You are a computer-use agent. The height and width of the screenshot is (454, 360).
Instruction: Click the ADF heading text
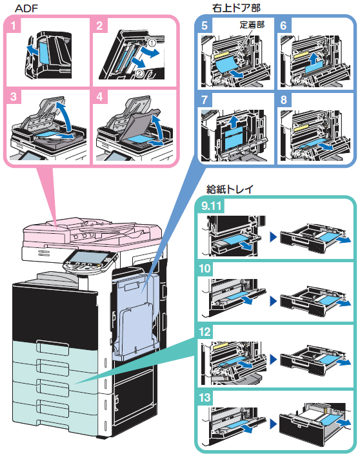tap(26, 8)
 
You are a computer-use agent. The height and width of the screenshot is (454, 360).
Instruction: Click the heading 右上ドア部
tap(236, 8)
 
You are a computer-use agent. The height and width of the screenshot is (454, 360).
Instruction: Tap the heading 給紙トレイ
tap(230, 189)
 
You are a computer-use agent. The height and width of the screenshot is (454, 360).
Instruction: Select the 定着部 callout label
tap(252, 25)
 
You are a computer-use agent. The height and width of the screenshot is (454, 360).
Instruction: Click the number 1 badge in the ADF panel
tap(13, 26)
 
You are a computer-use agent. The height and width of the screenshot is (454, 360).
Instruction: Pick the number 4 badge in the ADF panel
tap(99, 96)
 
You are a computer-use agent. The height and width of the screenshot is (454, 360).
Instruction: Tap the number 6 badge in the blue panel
tap(284, 25)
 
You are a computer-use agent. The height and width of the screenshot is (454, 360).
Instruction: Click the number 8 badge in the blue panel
tap(284, 99)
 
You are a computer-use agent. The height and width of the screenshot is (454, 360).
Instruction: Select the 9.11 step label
tap(212, 206)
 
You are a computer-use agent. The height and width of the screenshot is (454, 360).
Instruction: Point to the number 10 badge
tap(205, 268)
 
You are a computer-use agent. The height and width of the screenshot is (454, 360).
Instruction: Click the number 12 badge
tap(205, 331)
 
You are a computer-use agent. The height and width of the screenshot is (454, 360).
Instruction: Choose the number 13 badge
tap(205, 397)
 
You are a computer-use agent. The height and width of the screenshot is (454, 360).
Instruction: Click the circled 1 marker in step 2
tap(152, 43)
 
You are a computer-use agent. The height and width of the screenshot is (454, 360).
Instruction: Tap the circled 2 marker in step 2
tap(139, 73)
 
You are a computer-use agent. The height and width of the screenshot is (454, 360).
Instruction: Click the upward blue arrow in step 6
tap(313, 59)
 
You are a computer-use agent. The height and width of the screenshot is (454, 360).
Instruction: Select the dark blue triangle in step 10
tap(274, 301)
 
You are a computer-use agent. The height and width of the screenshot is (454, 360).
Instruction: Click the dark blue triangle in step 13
tap(274, 424)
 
